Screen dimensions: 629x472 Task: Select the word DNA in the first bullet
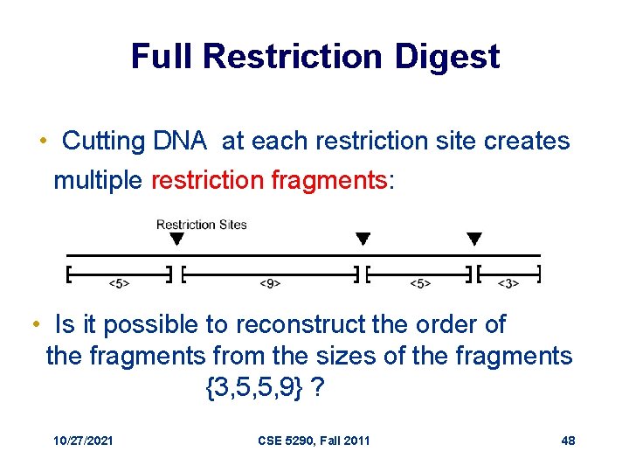coord(180,141)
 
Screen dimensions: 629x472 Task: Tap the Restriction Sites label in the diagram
coord(201,225)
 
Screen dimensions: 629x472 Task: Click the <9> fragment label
coord(270,283)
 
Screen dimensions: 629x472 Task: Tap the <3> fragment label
coord(508,283)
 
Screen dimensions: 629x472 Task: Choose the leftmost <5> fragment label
coord(120,283)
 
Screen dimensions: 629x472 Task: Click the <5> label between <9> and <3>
coord(420,283)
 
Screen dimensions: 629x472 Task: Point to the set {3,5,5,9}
coord(254,387)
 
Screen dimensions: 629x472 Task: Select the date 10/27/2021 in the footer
coord(83,441)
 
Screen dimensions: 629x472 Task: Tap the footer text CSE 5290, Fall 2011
coord(314,441)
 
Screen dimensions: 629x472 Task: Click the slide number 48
coord(568,441)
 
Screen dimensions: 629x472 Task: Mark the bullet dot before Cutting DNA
coord(43,142)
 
